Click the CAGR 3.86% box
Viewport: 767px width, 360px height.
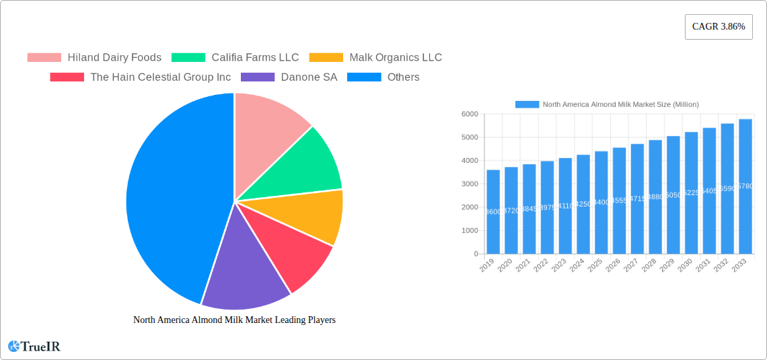pyautogui.click(x=719, y=27)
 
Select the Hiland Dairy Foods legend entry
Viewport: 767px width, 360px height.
pyautogui.click(x=94, y=57)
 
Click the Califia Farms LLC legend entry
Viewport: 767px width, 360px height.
pyautogui.click(x=235, y=57)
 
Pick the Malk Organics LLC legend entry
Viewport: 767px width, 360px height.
pyautogui.click(x=375, y=57)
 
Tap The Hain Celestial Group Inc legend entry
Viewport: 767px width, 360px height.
pyautogui.click(x=141, y=77)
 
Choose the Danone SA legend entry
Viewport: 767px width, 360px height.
pyautogui.click(x=289, y=77)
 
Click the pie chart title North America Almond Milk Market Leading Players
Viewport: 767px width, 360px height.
pyautogui.click(x=234, y=320)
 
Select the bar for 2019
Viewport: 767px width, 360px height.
pyautogui.click(x=493, y=212)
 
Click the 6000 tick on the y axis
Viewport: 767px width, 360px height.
pyautogui.click(x=469, y=114)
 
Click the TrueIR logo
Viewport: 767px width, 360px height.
pyautogui.click(x=34, y=347)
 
